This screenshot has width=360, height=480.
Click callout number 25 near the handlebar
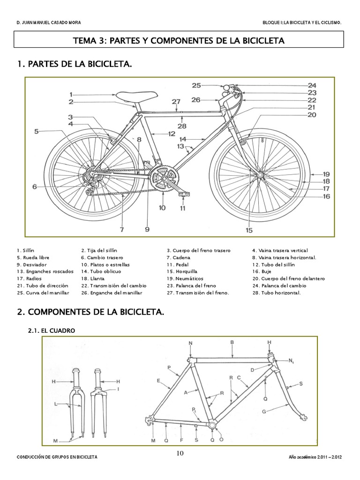click(196, 85)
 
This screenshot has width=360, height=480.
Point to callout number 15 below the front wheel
click(249, 230)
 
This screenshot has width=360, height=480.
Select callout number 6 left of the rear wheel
click(34, 187)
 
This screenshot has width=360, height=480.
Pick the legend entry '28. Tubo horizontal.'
click(277, 292)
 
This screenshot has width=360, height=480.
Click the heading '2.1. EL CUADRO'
click(52, 330)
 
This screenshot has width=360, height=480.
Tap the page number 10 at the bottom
click(180, 453)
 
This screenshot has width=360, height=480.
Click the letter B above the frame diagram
click(232, 343)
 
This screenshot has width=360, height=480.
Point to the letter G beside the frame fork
click(264, 411)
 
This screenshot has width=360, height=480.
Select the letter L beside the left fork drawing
click(56, 404)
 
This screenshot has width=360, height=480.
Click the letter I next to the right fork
click(119, 389)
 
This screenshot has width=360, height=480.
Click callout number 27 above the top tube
click(176, 102)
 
